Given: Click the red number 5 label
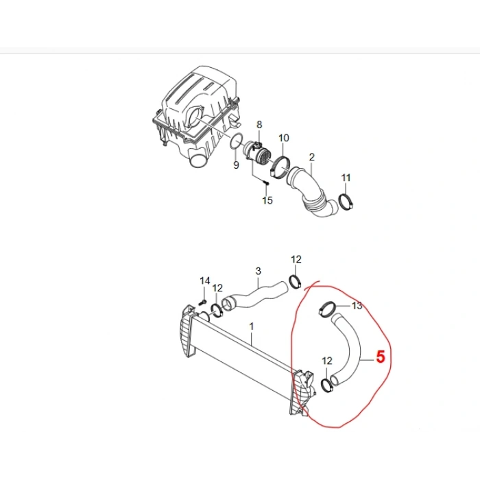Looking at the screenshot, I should point(381,357).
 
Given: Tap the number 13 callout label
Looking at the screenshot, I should point(357,306).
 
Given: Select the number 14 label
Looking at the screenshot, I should point(204,281).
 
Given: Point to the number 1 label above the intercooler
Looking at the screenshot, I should point(252,328).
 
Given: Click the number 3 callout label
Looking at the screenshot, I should point(258,271).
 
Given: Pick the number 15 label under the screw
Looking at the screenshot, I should point(267,200).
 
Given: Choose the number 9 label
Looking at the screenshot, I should point(235,165).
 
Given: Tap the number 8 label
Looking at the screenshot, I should point(259,124).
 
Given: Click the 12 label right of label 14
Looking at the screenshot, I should point(217,288).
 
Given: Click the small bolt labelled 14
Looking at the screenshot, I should point(203,300).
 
